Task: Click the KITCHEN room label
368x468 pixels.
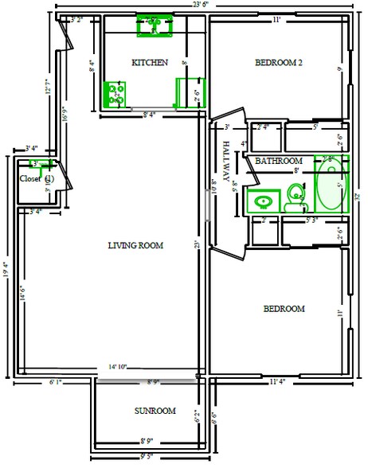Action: point(149,62)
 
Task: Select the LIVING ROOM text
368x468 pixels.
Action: point(135,246)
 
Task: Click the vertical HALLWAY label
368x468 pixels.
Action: point(227,164)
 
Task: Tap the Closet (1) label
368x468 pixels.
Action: point(37,178)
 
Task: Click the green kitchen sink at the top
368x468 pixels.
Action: point(152,25)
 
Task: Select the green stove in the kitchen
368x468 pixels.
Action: point(115,94)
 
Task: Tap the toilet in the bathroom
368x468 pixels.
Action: point(296,196)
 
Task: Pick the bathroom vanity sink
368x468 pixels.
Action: point(260,201)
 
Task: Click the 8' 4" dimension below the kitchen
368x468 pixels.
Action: point(149,115)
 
